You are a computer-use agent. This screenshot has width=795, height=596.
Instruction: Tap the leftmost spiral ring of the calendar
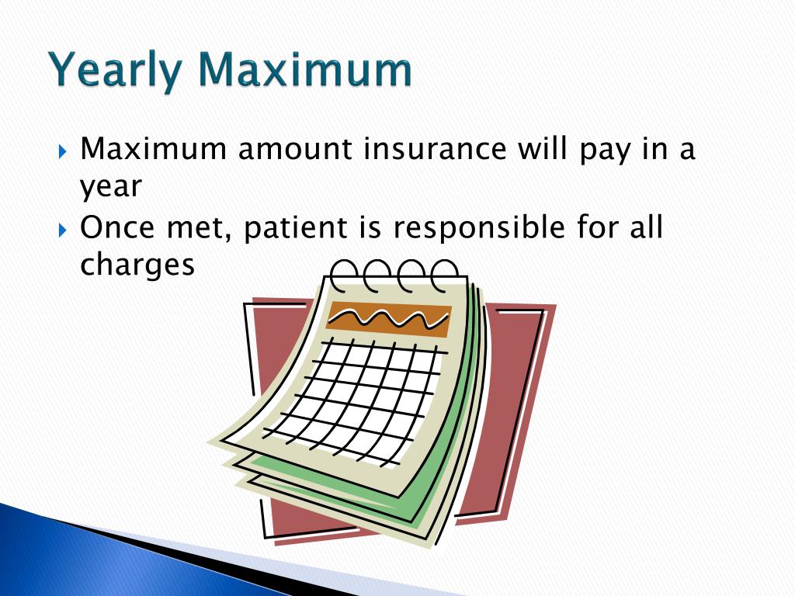point(344,273)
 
